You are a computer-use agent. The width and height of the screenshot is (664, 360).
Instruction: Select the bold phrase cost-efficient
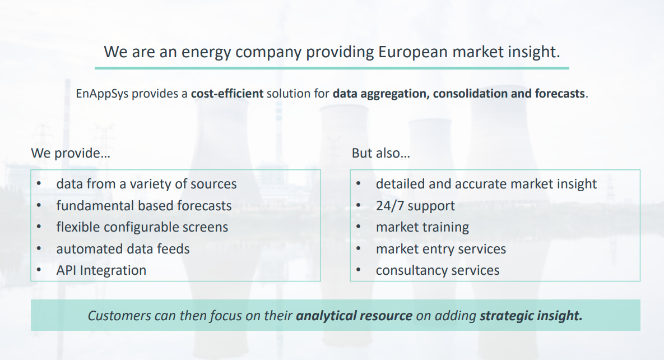click(227, 93)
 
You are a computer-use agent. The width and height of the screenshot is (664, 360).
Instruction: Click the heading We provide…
click(71, 153)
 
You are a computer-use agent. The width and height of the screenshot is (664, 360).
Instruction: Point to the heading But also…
click(380, 153)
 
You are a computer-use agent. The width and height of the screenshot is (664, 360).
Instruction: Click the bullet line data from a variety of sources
click(146, 184)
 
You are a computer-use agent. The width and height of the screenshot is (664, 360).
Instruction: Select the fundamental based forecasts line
click(144, 206)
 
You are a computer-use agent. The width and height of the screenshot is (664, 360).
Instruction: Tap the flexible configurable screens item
click(142, 227)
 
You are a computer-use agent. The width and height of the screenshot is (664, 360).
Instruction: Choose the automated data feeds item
click(123, 249)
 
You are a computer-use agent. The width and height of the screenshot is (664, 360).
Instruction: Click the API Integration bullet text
click(101, 270)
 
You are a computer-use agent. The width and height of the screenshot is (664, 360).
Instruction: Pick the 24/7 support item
click(415, 206)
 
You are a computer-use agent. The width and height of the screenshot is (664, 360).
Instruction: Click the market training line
click(422, 228)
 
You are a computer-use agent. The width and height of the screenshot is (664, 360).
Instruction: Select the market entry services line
click(441, 249)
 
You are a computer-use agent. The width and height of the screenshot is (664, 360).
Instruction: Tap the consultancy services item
click(438, 270)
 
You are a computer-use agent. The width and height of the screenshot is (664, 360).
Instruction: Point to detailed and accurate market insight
click(486, 184)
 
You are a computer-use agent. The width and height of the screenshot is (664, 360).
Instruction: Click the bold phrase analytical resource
click(354, 316)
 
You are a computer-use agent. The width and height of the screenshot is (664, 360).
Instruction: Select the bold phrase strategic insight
click(531, 316)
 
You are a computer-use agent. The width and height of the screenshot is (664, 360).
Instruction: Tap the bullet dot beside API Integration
click(39, 270)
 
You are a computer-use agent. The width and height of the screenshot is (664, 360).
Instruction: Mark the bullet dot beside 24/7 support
click(358, 205)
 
